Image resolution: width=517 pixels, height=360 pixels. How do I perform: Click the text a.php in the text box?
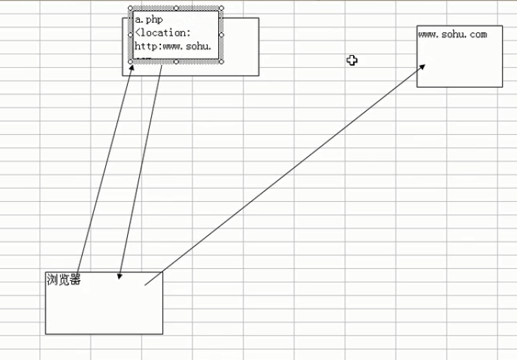tap(148, 20)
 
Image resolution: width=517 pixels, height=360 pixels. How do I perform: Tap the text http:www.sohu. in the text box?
tap(173, 47)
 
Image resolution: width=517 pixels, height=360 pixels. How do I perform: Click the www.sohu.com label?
tap(452, 34)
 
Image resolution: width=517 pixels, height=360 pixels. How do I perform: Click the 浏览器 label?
tap(64, 280)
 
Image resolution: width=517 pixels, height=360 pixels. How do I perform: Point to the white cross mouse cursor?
tap(352, 60)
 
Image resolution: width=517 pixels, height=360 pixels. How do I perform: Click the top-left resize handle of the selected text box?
tap(131, 8)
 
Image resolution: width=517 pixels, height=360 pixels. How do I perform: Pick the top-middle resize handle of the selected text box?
tap(176, 8)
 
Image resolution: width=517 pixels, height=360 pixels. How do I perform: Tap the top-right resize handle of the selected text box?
tap(221, 8)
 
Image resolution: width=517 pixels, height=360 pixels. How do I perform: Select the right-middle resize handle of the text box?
tap(221, 35)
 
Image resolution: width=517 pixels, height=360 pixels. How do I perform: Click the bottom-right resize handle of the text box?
tap(221, 61)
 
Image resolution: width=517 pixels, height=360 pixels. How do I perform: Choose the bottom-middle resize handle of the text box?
tap(176, 61)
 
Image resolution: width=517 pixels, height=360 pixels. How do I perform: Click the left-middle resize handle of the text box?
tap(131, 35)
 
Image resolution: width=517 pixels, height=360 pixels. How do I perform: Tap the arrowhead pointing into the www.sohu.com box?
tap(422, 66)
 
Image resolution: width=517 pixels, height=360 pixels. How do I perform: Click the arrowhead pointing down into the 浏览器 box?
tap(120, 275)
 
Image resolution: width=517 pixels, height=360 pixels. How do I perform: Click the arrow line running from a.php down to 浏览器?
tap(141, 169)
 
